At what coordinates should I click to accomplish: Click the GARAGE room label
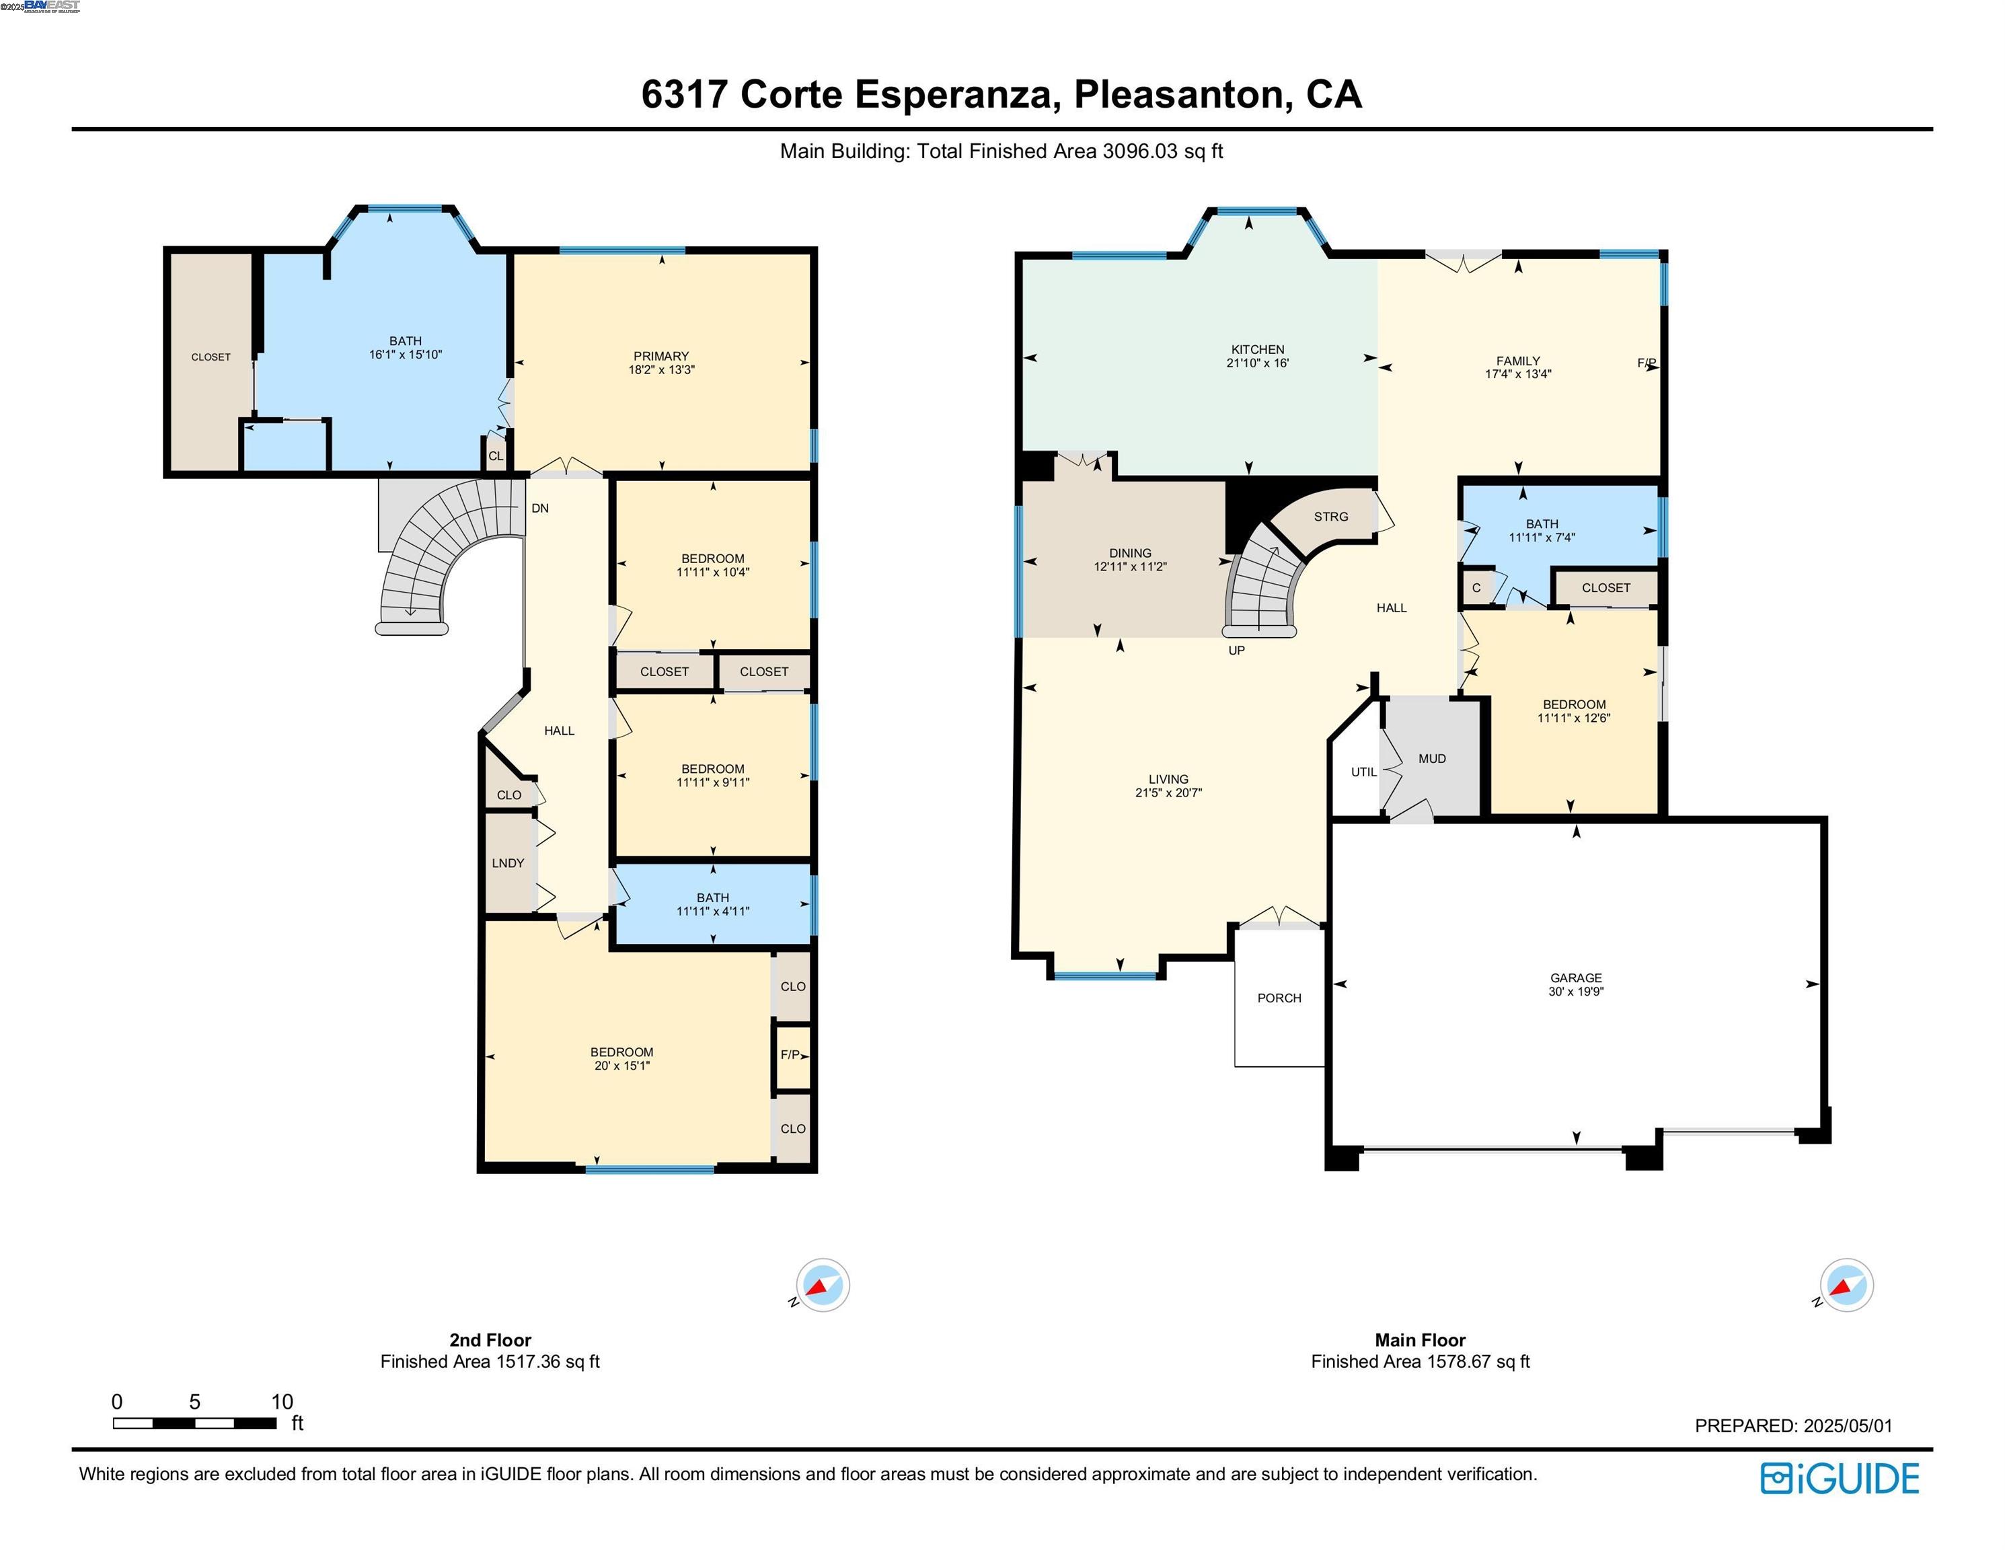pyautogui.click(x=1575, y=978)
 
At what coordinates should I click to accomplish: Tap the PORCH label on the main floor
pyautogui.click(x=1279, y=998)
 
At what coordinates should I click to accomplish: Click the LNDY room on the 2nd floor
pyautogui.click(x=508, y=863)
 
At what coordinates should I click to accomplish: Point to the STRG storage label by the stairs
pyautogui.click(x=1330, y=517)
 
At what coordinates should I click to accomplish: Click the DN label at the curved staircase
pyautogui.click(x=540, y=508)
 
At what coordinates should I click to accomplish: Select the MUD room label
pyautogui.click(x=1431, y=758)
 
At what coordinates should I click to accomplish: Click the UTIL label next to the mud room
pyautogui.click(x=1363, y=772)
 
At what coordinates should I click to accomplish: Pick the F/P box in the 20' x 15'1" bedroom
pyautogui.click(x=790, y=1055)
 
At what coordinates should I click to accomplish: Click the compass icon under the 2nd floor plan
pyautogui.click(x=822, y=1285)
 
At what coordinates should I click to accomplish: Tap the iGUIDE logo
pyautogui.click(x=1840, y=1479)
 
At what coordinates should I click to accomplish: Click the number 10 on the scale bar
pyautogui.click(x=282, y=1402)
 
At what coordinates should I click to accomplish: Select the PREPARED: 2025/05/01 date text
pyautogui.click(x=1793, y=1426)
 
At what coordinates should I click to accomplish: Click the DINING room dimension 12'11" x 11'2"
pyautogui.click(x=1129, y=566)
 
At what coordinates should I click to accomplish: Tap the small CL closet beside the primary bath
pyautogui.click(x=495, y=456)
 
